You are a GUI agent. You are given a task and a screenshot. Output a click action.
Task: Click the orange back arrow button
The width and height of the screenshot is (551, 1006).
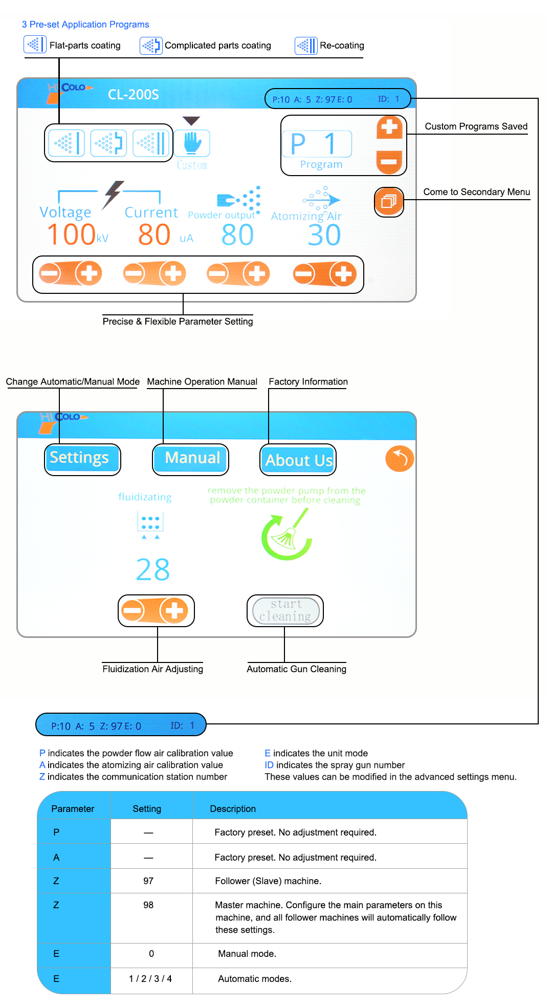click(400, 458)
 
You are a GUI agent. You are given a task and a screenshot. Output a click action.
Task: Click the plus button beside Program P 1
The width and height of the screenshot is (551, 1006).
click(389, 127)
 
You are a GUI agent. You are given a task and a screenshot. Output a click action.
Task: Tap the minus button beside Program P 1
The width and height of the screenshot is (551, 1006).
click(389, 162)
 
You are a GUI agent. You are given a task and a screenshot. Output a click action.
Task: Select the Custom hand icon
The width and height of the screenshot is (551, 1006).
click(192, 143)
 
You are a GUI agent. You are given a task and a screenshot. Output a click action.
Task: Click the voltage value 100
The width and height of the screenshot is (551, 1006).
click(71, 234)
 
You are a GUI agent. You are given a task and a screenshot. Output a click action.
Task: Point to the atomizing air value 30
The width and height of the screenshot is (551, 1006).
click(324, 235)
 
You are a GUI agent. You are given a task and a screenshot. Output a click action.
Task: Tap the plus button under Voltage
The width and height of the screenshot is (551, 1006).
click(89, 273)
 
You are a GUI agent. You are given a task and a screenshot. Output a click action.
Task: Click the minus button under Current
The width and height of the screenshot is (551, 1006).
click(134, 273)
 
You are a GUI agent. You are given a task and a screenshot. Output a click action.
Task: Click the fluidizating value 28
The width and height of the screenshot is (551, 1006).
click(153, 569)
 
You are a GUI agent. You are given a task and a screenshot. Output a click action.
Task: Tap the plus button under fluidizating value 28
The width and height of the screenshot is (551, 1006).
click(174, 610)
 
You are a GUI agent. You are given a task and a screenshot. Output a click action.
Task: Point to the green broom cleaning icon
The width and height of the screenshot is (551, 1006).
click(286, 534)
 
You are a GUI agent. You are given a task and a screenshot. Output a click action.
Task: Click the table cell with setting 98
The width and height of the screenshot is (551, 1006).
click(148, 905)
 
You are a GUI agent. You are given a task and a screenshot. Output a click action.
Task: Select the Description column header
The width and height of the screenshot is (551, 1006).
click(233, 809)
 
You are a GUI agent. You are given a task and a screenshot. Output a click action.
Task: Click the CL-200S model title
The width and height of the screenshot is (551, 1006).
click(134, 95)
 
